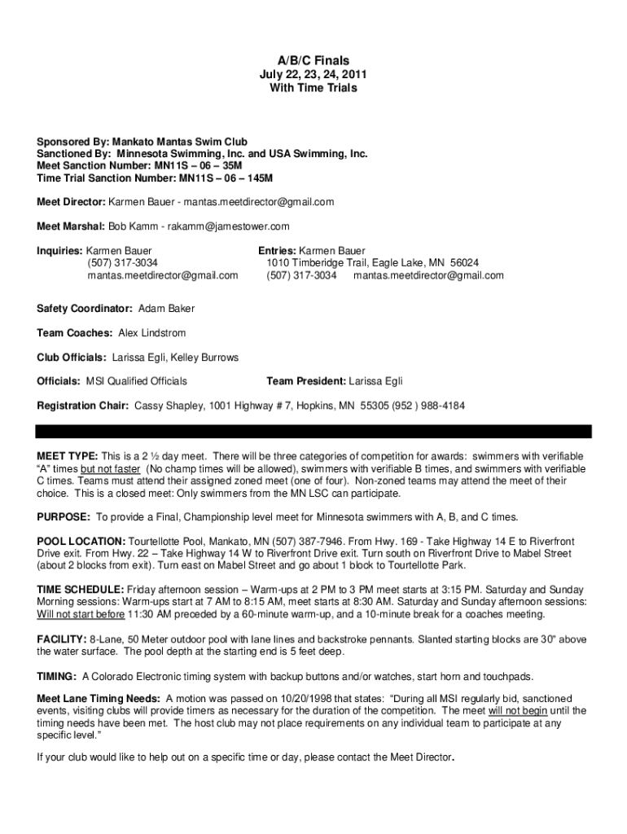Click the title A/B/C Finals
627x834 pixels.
click(x=313, y=61)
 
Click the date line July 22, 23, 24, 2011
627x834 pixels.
click(x=313, y=74)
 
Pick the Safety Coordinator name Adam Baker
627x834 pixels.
click(x=166, y=309)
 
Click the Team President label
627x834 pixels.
click(x=306, y=381)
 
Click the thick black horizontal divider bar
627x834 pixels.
click(x=313, y=432)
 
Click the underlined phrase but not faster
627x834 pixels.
click(x=111, y=469)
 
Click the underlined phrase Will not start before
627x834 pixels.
click(x=81, y=614)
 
